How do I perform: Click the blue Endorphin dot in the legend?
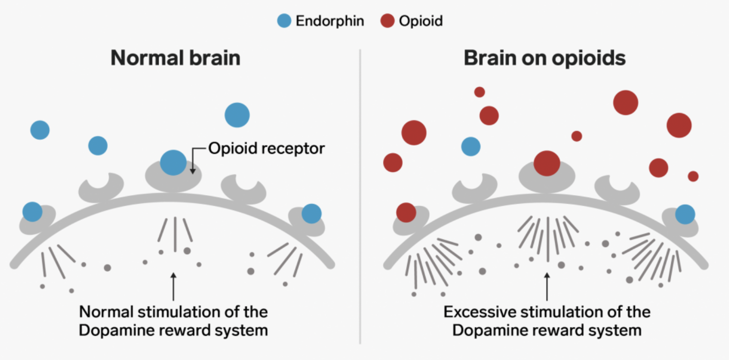pyautogui.click(x=284, y=21)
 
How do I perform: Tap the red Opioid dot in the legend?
pyautogui.click(x=387, y=21)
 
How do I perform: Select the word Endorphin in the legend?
pyautogui.click(x=330, y=21)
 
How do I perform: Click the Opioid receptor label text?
pyautogui.click(x=266, y=148)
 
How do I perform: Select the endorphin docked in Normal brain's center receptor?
pyautogui.click(x=173, y=163)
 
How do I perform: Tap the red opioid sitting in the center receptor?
pyautogui.click(x=547, y=163)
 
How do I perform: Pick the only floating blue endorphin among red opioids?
pyautogui.click(x=470, y=146)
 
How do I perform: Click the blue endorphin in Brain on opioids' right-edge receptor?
pyautogui.click(x=685, y=213)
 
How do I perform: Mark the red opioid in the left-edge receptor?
pyautogui.click(x=406, y=213)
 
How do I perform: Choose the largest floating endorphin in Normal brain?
pyautogui.click(x=237, y=115)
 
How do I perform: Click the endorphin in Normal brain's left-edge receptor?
pyautogui.click(x=33, y=212)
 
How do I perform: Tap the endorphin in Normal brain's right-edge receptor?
pyautogui.click(x=311, y=213)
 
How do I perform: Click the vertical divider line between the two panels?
pyautogui.click(x=360, y=194)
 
